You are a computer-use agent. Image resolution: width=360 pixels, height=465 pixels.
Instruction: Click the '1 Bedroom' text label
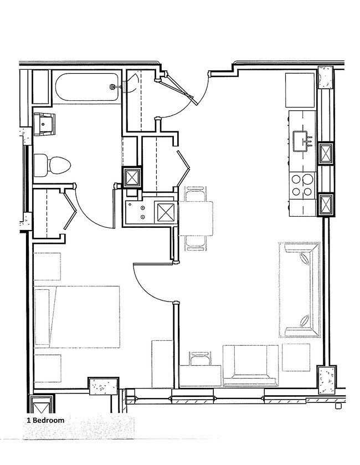45,420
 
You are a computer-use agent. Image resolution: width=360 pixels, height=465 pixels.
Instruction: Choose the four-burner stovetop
302,186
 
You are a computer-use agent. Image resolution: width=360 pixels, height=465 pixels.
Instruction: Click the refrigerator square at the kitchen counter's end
300,90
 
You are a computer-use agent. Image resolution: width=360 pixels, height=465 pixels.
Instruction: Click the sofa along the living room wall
299,290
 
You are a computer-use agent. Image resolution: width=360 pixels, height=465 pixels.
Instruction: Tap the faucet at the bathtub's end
114,87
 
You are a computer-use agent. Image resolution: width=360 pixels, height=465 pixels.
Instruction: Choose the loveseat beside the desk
250,365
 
